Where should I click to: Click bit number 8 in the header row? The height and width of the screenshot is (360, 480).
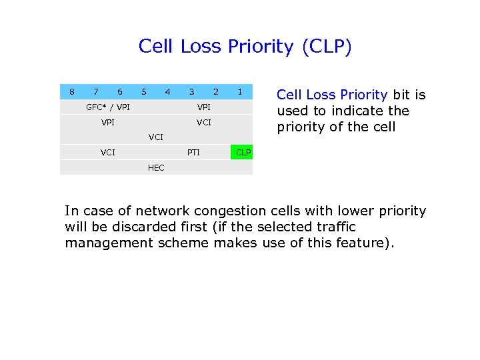point(72,91)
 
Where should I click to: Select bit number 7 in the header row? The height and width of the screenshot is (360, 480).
point(96,91)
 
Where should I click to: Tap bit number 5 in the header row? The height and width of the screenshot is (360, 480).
point(144,91)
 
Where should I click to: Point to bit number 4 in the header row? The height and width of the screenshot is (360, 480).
point(168,91)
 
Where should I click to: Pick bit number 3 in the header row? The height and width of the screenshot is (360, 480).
point(192,91)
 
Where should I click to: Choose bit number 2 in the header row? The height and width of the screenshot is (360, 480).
point(216,91)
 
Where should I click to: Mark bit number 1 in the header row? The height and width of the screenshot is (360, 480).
point(240,91)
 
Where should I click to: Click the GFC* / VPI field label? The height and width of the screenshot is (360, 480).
point(108,107)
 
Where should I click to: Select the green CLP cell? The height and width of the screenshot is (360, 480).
point(243,153)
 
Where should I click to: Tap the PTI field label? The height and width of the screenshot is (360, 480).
point(193,153)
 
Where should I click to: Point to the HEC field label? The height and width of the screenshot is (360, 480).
point(156,168)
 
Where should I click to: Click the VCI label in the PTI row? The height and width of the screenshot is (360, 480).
point(108,153)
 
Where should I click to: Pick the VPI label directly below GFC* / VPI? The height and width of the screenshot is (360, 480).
point(108,123)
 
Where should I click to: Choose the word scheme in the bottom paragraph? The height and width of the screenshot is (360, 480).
point(181,243)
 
